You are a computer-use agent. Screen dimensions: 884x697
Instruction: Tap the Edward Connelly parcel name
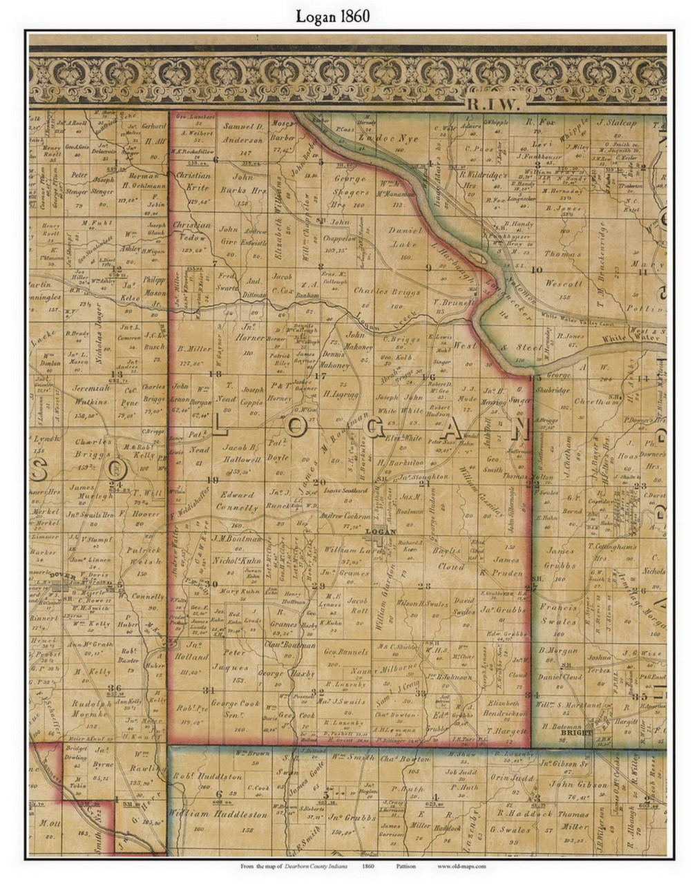tap(237, 501)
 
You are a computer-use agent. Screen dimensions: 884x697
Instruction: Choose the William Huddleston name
tap(218, 814)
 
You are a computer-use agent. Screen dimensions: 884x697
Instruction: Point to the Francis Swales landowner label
tap(558, 614)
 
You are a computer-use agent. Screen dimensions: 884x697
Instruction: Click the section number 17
tap(319, 376)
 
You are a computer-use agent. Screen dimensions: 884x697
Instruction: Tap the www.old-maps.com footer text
tap(461, 866)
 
